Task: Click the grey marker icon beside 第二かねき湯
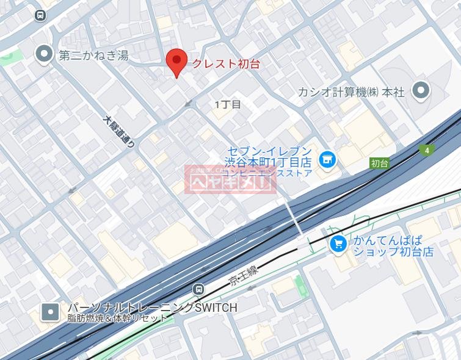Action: pyautogui.click(x=45, y=55)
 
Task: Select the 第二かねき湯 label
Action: pyautogui.click(x=93, y=56)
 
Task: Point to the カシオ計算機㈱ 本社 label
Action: pyautogui.click(x=351, y=92)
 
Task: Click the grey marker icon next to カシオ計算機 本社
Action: pyautogui.click(x=421, y=92)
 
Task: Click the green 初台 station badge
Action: pyautogui.click(x=379, y=163)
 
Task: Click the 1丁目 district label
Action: pyautogui.click(x=227, y=104)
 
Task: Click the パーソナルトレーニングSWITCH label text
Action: pyautogui.click(x=151, y=308)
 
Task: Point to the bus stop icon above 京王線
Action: pyautogui.click(x=198, y=289)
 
